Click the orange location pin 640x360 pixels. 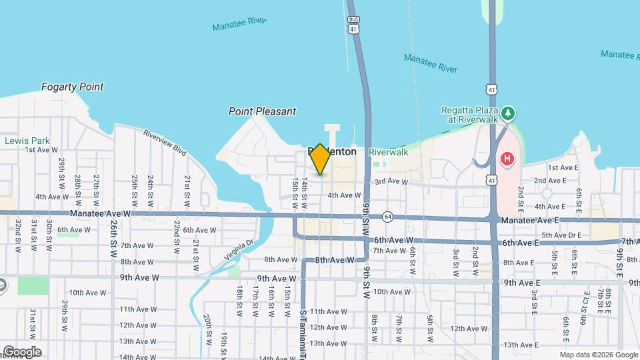[x=320, y=159]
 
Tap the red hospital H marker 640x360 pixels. [x=507, y=159]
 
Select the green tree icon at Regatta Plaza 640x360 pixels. [x=508, y=113]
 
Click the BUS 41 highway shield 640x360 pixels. [x=353, y=25]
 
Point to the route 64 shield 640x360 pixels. [x=387, y=217]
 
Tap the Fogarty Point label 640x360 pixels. [x=72, y=87]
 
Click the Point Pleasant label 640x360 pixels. [x=262, y=111]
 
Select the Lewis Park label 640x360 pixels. [x=27, y=141]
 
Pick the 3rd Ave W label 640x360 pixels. [x=391, y=181]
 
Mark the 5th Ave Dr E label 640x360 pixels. [x=561, y=235]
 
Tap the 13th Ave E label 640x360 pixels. [x=521, y=345]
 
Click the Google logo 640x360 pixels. [x=22, y=351]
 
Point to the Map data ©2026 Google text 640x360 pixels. [x=597, y=355]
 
